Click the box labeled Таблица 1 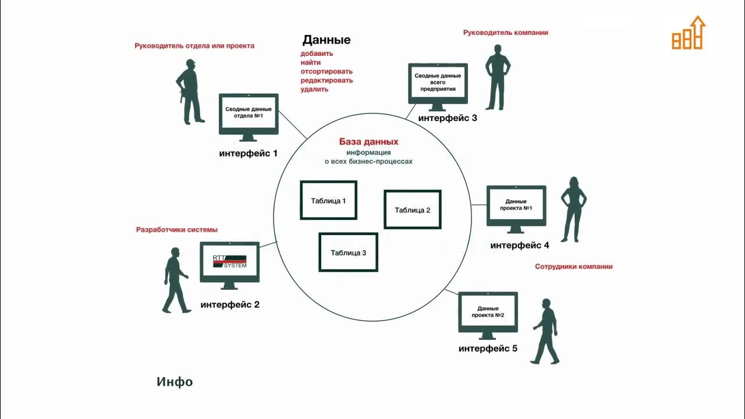(328, 201)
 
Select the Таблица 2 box (412, 210)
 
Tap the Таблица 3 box (348, 252)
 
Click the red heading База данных (368, 141)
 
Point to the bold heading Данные (326, 40)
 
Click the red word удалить (314, 89)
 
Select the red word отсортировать (327, 72)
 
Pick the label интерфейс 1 (248, 154)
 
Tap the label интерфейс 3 (448, 118)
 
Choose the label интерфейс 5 (488, 349)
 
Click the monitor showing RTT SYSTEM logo (229, 264)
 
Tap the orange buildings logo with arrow (688, 34)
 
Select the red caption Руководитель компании (505, 33)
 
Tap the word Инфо (175, 382)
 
